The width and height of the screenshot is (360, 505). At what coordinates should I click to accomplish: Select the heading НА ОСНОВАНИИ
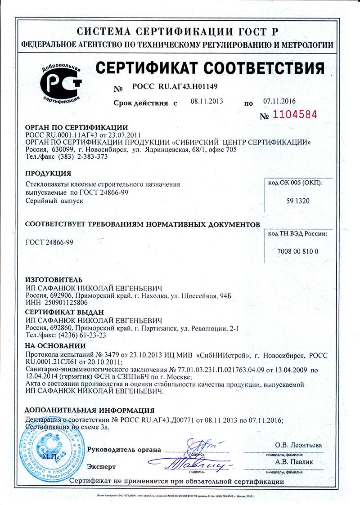55,346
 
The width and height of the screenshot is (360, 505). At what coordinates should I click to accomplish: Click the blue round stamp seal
50,450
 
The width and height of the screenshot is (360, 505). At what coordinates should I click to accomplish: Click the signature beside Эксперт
193,463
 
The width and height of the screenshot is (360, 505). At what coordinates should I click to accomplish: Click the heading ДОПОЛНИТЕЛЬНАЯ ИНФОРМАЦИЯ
90,410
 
